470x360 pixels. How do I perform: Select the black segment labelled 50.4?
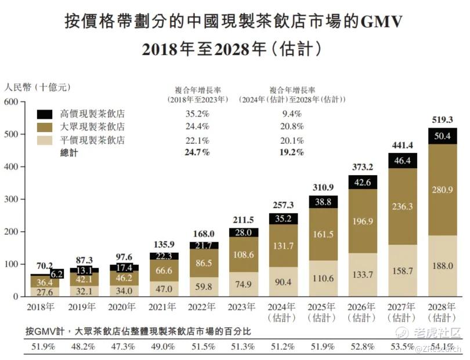[x=442, y=136]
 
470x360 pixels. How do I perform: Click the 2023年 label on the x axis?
[x=240, y=307]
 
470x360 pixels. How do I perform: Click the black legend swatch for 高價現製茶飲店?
[x=45, y=114]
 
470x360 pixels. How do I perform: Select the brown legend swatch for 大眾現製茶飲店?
[x=45, y=126]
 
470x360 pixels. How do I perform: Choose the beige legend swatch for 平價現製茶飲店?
[x=45, y=140]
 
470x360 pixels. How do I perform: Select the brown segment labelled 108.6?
[x=240, y=254]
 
